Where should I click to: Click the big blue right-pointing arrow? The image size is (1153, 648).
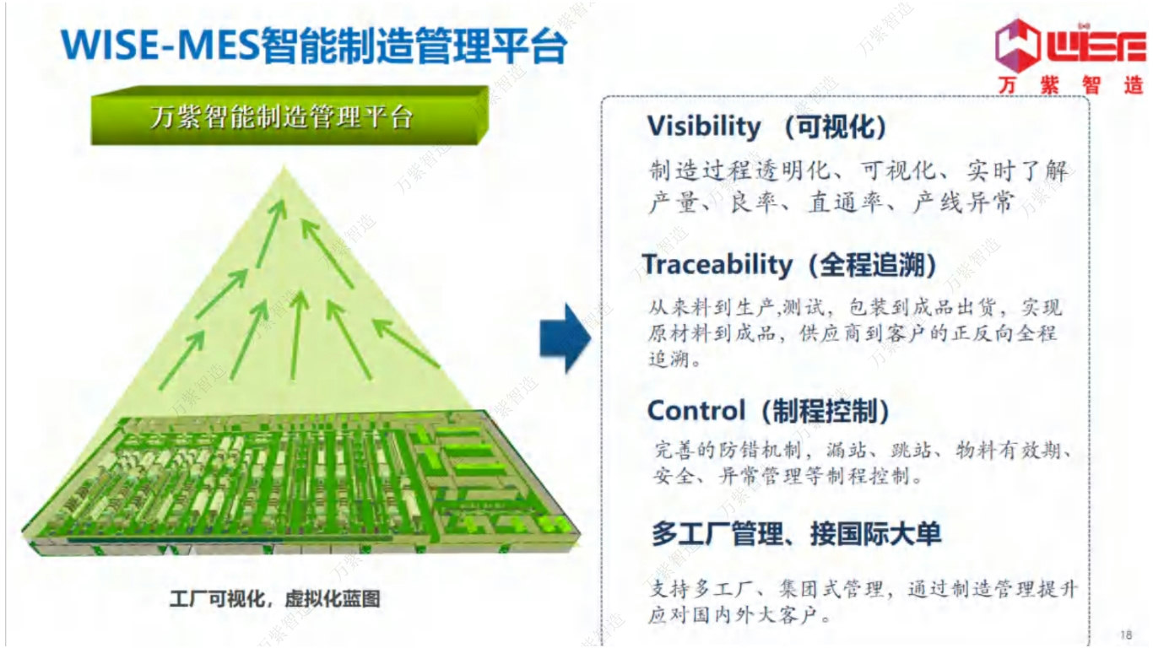(x=565, y=337)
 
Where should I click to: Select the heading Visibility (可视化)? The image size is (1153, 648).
(x=767, y=127)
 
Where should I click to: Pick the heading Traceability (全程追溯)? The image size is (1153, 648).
(x=789, y=265)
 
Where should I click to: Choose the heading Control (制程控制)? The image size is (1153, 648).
(x=769, y=411)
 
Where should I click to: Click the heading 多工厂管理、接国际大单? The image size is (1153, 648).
(x=796, y=533)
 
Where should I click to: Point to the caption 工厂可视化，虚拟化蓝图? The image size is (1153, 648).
(x=274, y=599)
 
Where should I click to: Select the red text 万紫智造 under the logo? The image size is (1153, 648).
(x=1069, y=85)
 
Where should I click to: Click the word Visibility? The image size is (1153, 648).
(x=704, y=127)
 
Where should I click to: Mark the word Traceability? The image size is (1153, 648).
(x=717, y=265)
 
